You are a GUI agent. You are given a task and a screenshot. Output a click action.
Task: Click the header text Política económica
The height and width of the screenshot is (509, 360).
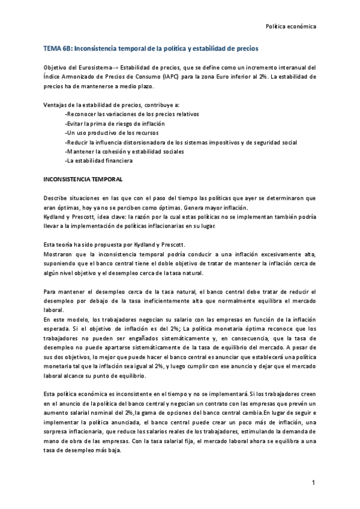pos(290,26)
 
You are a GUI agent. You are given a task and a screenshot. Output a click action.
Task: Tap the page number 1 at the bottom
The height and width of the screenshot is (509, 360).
pos(313,483)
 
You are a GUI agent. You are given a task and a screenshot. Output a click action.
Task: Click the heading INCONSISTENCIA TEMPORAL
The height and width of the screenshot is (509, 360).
pos(83,179)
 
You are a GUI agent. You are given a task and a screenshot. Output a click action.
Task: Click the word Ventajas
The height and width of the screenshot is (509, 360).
pos(56,104)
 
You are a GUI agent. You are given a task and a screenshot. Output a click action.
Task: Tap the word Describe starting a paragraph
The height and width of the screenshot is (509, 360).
pos(57,198)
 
